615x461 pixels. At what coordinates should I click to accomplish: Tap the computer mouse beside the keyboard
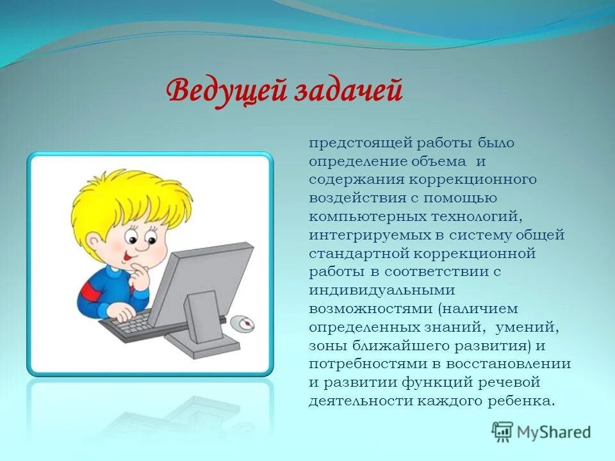(242, 323)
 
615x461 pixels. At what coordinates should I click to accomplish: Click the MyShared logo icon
(502, 432)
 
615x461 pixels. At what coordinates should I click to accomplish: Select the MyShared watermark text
(553, 432)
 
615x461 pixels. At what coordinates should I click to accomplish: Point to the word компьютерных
(368, 217)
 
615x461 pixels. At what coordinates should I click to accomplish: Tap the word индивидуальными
(382, 291)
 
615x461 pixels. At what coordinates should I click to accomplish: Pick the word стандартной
(359, 254)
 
